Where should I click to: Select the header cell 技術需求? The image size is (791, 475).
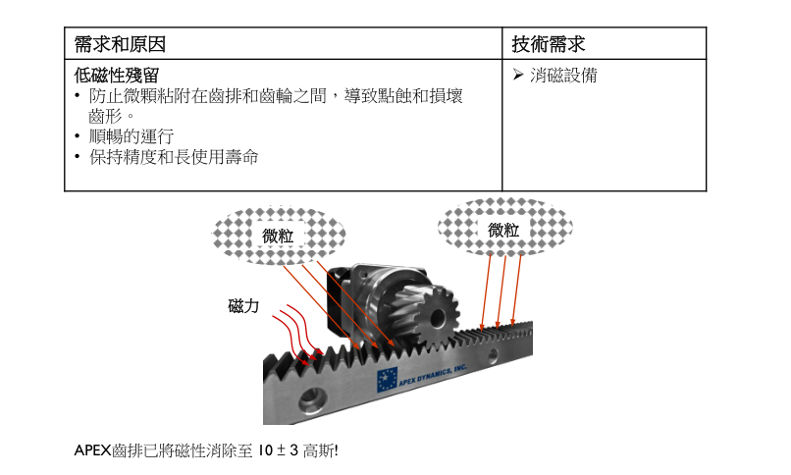550,44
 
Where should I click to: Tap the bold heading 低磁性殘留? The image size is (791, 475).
117,76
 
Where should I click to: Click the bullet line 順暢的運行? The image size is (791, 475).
131,136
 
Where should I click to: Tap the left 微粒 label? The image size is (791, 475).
278,236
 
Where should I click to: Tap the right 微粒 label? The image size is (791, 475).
503,230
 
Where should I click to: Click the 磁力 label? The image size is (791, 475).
243,306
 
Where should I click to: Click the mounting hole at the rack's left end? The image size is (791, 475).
312,397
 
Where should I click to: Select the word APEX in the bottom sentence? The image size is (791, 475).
92,451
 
